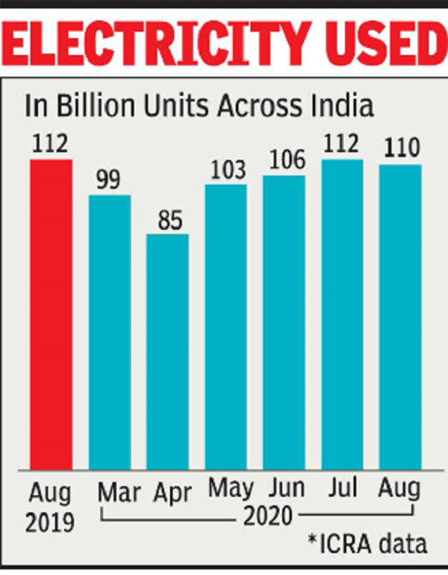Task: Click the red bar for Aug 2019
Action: click(x=51, y=314)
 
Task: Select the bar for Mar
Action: click(x=110, y=332)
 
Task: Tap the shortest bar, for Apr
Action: click(x=167, y=351)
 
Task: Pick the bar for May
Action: click(x=225, y=327)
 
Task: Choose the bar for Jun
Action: click(x=284, y=322)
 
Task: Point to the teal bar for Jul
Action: click(x=342, y=314)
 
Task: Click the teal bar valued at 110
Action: click(x=400, y=317)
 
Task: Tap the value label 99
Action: click(x=109, y=180)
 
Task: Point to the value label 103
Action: click(x=225, y=170)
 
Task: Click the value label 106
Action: click(x=284, y=161)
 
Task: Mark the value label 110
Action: click(x=400, y=150)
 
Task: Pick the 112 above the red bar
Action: click(x=51, y=145)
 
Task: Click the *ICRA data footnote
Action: click(x=370, y=544)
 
